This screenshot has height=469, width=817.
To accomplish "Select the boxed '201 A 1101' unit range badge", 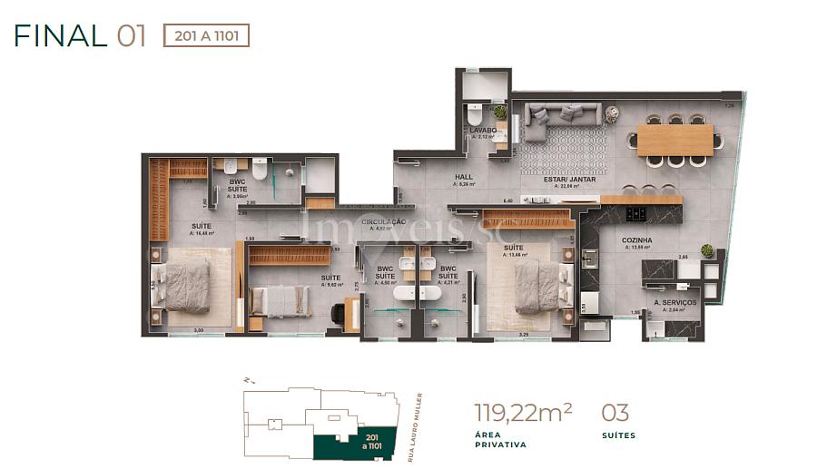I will (205, 35).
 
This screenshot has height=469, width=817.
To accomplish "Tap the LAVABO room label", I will (482, 131).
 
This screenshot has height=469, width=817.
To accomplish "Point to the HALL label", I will (464, 178).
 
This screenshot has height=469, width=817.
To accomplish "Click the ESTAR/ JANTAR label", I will (563, 179).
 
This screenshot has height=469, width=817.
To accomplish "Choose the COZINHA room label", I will (639, 240).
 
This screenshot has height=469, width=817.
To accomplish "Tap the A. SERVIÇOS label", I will (674, 302).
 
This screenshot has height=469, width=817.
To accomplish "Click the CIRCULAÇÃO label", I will (382, 221).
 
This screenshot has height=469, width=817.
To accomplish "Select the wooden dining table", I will (675, 140).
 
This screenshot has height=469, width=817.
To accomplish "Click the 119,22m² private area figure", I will (523, 414).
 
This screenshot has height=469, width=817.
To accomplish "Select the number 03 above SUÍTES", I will (615, 414).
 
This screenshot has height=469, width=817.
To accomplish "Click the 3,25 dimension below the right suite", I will (523, 334).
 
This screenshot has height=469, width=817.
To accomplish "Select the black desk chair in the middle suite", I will (339, 313).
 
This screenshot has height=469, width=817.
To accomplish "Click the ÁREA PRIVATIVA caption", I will (500, 440).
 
